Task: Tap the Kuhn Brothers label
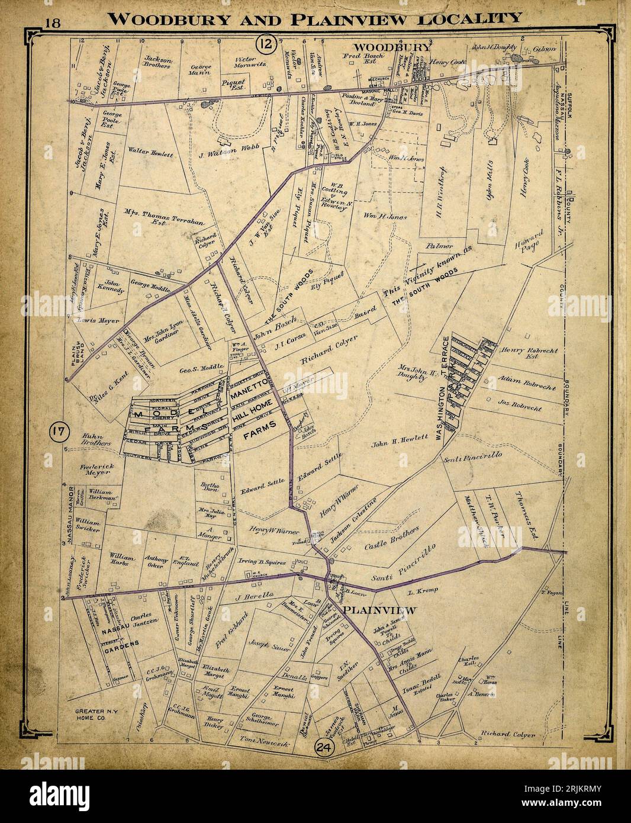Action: pyautogui.click(x=96, y=439)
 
